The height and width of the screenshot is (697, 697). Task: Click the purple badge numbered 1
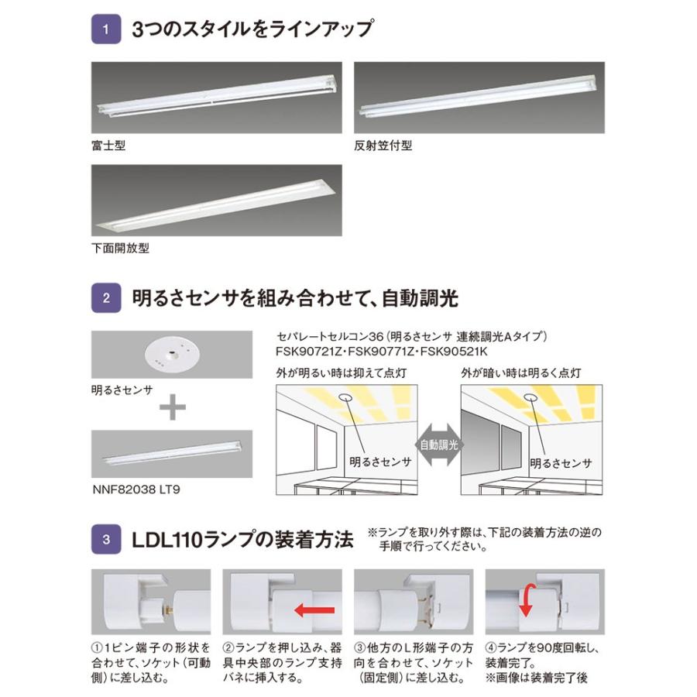click(106, 32)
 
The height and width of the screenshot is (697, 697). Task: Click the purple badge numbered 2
click(106, 297)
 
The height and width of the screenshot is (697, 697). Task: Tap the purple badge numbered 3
click(106, 538)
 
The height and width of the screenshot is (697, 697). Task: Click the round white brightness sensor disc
click(171, 355)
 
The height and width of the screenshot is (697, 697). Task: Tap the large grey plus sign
click(171, 408)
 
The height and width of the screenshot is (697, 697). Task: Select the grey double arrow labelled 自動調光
click(438, 445)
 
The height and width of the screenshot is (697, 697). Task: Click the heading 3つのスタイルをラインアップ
click(253, 32)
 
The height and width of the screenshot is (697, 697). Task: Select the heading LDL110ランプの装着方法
click(243, 538)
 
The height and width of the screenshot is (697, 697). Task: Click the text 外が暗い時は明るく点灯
click(522, 373)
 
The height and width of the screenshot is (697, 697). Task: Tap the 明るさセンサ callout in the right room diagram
click(561, 463)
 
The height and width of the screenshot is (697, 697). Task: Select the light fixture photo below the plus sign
click(171, 455)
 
